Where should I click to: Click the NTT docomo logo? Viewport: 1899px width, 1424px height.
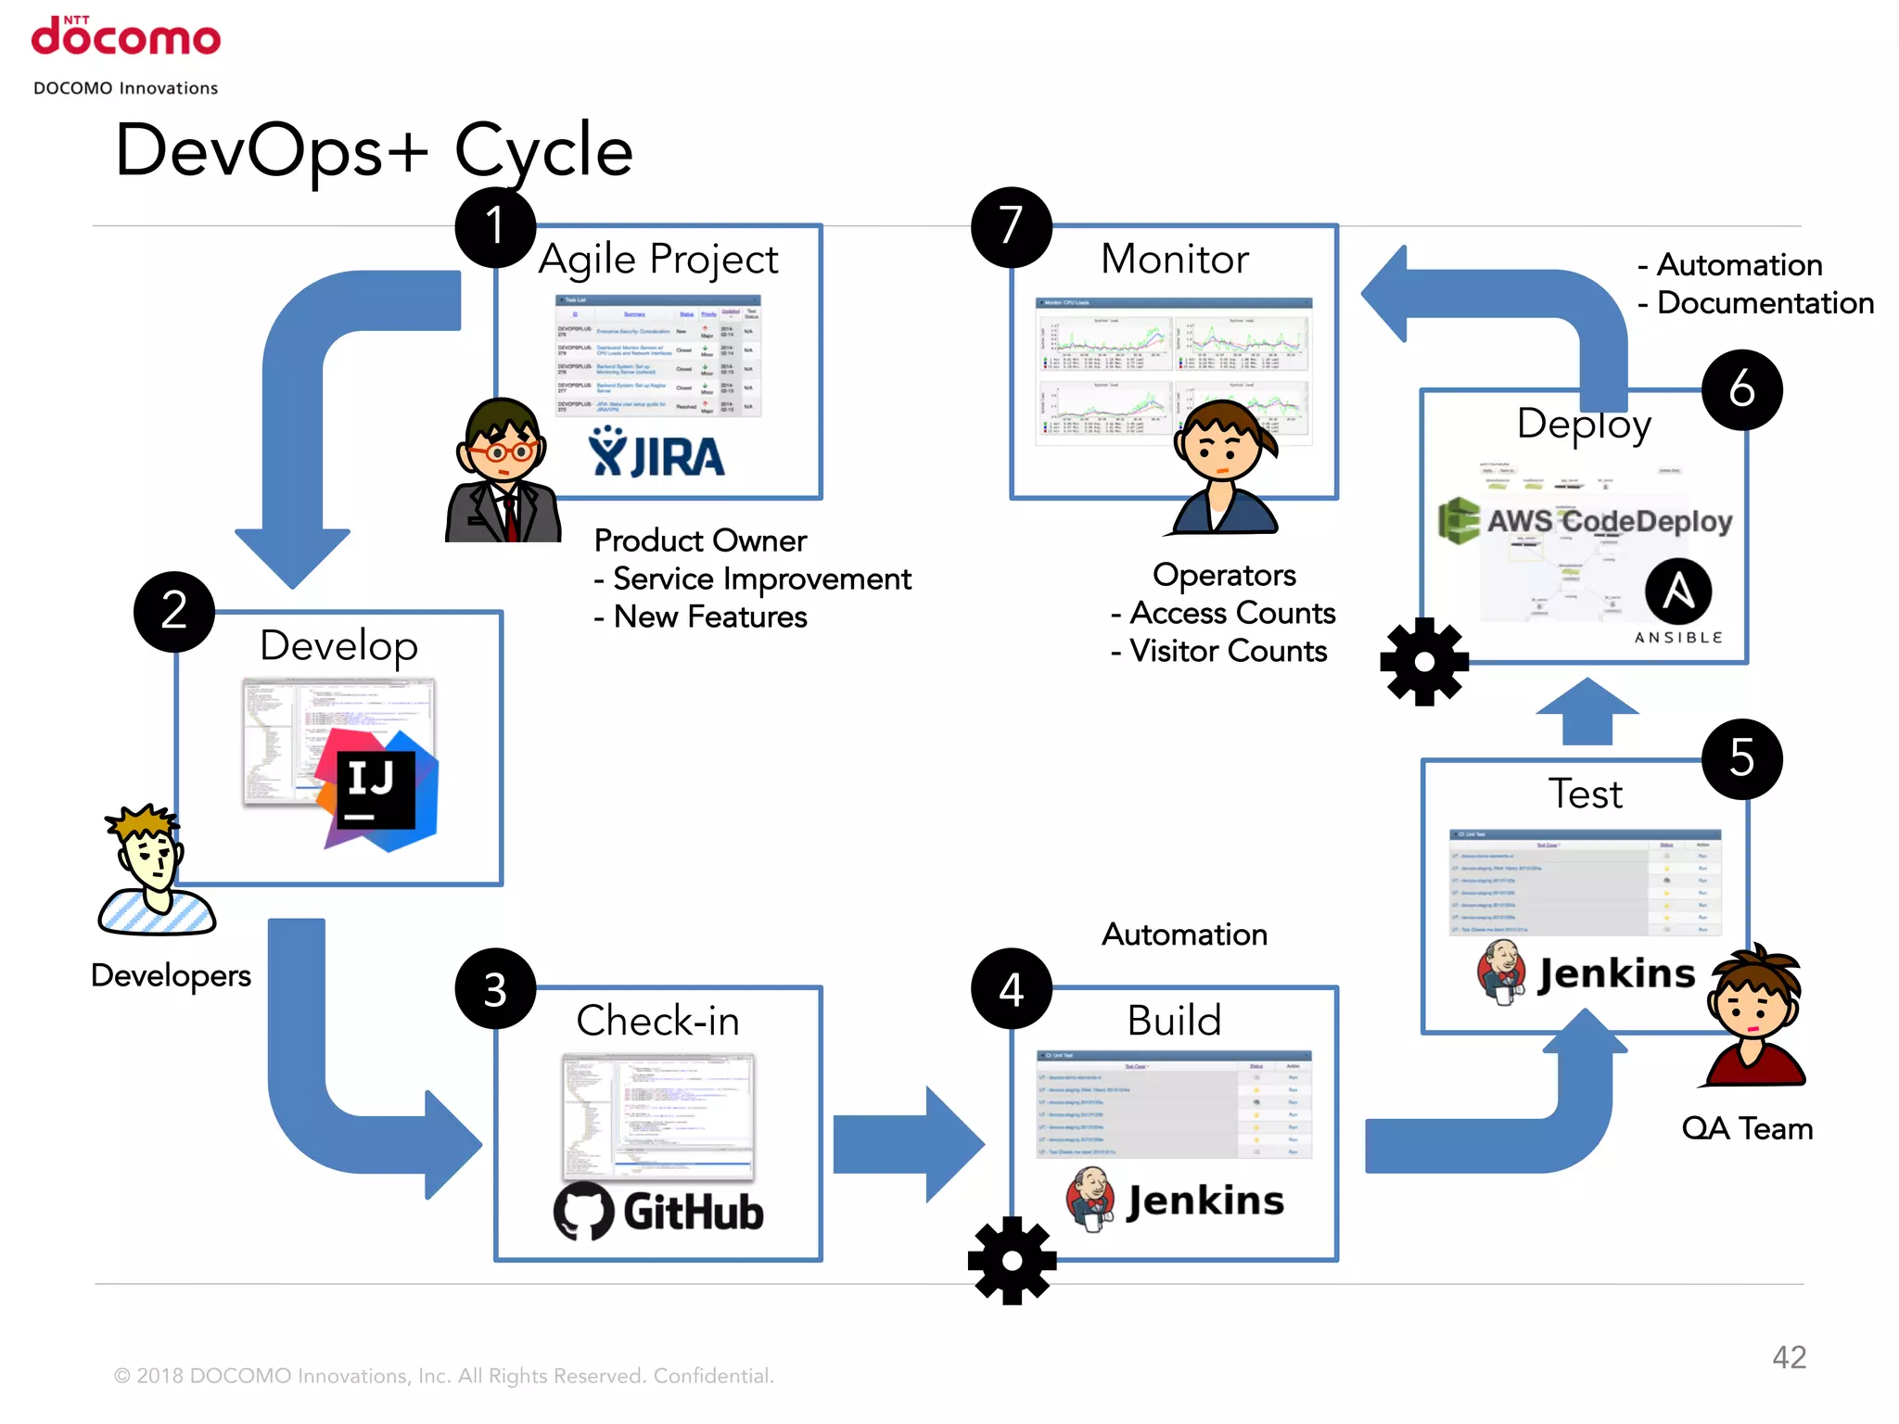click(125, 37)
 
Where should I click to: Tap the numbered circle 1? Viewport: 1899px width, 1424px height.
click(495, 227)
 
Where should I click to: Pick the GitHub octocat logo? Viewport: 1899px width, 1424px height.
click(583, 1211)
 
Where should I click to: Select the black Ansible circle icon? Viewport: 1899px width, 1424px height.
click(1678, 591)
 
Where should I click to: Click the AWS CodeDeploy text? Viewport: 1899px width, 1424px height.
click(1609, 521)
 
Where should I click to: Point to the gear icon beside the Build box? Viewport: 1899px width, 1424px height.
click(1012, 1261)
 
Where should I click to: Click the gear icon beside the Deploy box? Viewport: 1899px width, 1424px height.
click(1424, 662)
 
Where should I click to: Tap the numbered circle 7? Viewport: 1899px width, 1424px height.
click(1011, 227)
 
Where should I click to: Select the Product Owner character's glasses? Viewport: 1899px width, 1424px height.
click(502, 452)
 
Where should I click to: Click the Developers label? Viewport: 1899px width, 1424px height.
click(171, 975)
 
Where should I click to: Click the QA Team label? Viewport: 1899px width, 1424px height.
click(1747, 1128)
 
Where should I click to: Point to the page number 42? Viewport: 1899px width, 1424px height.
click(1789, 1357)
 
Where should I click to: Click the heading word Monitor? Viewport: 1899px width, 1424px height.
click(1174, 259)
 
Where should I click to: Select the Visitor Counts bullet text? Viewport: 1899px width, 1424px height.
click(1219, 651)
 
